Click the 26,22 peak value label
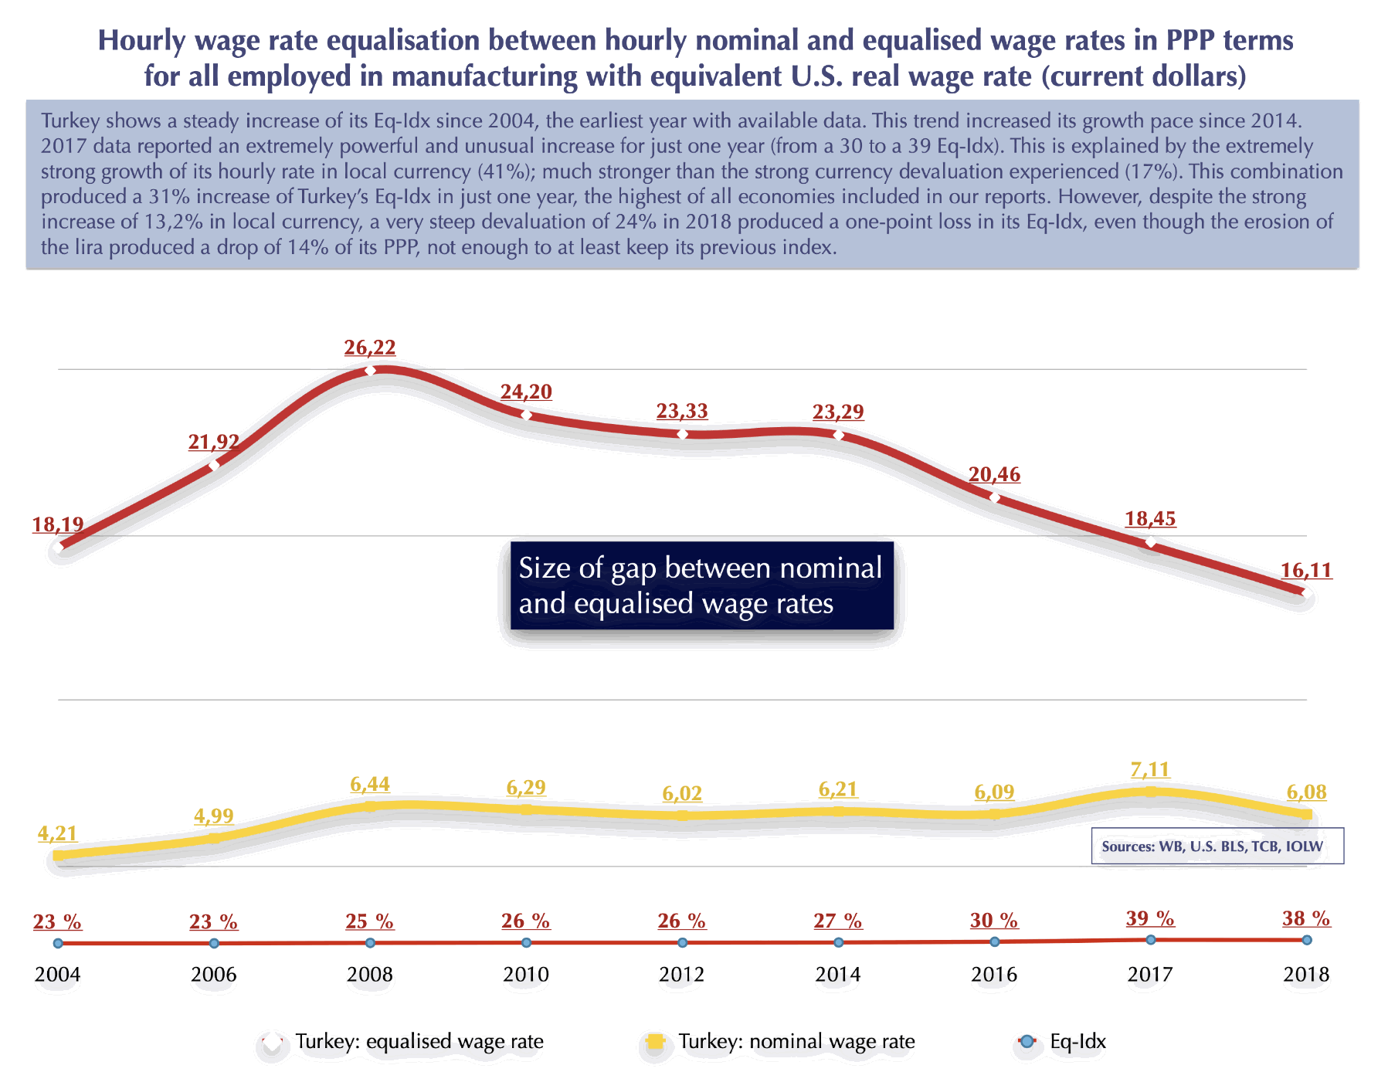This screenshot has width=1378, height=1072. click(x=370, y=348)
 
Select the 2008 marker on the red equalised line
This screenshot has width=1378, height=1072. click(x=370, y=371)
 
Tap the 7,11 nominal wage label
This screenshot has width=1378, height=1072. click(x=1150, y=770)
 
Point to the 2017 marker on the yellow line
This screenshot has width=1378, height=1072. click(x=1150, y=792)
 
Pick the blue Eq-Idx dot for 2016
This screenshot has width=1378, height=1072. click(x=994, y=941)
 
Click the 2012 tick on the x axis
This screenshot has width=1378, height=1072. click(x=681, y=975)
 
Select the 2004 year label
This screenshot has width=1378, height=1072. click(x=58, y=975)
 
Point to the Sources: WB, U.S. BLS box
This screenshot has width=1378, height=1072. click(x=1217, y=846)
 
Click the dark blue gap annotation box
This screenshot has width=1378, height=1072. click(x=701, y=585)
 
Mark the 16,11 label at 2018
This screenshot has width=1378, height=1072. click(x=1306, y=571)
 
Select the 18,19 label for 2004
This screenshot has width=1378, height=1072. click(x=58, y=525)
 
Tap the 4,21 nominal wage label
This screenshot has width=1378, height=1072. click(x=58, y=834)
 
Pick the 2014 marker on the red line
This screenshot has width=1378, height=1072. click(x=838, y=435)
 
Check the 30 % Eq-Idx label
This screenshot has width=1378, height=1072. click(x=994, y=921)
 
